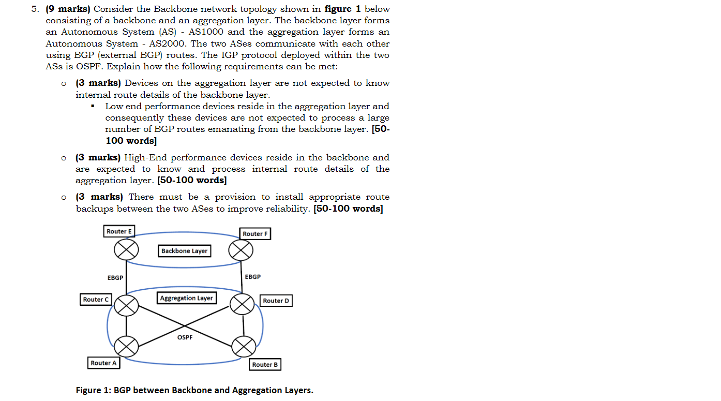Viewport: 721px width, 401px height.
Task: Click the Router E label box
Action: (119, 231)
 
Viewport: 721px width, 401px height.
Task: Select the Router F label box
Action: (256, 234)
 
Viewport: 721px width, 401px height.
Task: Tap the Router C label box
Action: (96, 299)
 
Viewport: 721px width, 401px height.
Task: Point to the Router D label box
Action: (276, 301)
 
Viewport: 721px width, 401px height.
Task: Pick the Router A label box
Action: (104, 363)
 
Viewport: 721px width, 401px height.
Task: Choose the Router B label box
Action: (265, 365)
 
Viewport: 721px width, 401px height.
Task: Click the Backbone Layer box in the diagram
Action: (184, 251)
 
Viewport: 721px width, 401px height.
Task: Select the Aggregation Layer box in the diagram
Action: (186, 298)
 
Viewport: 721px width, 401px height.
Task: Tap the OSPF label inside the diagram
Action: (185, 337)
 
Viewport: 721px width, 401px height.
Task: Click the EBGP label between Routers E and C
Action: (115, 278)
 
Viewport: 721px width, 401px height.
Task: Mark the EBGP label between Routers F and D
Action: (253, 277)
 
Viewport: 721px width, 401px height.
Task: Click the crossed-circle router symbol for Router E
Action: (126, 250)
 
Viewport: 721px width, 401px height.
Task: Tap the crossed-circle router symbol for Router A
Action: (126, 346)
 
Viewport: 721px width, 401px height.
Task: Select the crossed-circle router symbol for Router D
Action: (242, 304)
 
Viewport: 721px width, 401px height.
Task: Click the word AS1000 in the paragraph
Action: (203, 32)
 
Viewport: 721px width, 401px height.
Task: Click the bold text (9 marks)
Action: (68, 9)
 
